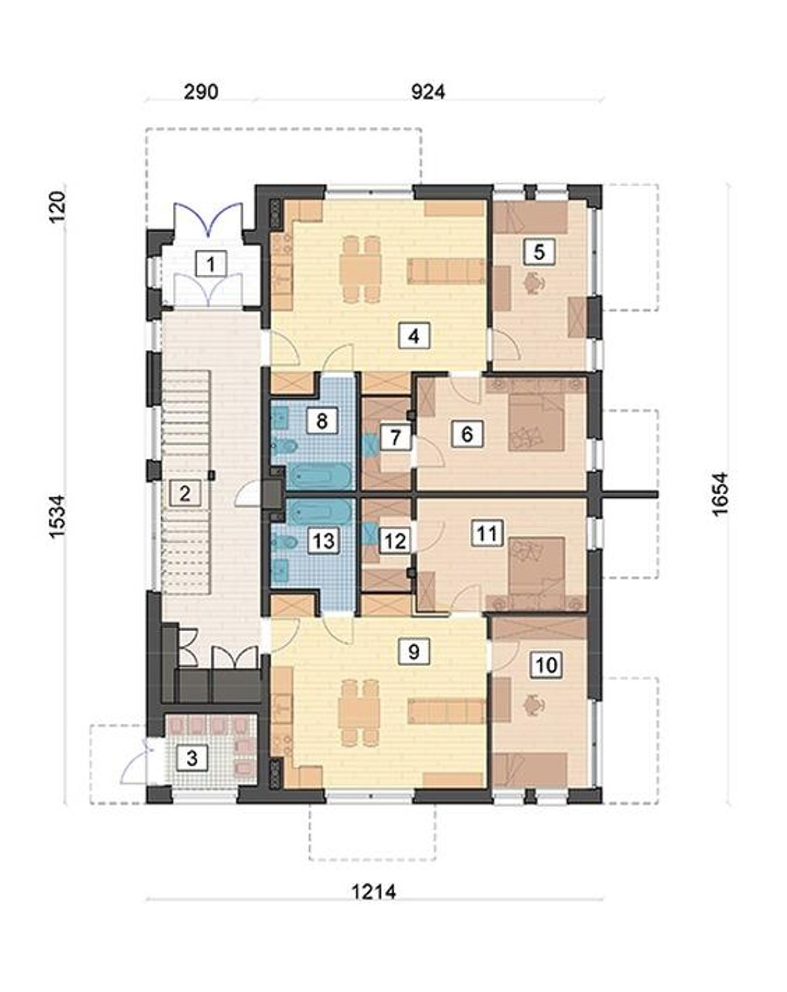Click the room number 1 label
tap(211, 264)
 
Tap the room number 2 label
tap(185, 494)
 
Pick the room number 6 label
tap(467, 434)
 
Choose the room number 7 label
tap(395, 438)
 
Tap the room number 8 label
tap(322, 420)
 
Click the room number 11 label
tap(487, 533)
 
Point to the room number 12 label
tap(395, 541)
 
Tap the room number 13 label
tap(323, 540)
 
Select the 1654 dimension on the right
tap(719, 494)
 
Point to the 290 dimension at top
tap(201, 92)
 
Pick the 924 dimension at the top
tap(429, 92)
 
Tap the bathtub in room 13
tap(319, 511)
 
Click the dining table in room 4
tap(359, 269)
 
